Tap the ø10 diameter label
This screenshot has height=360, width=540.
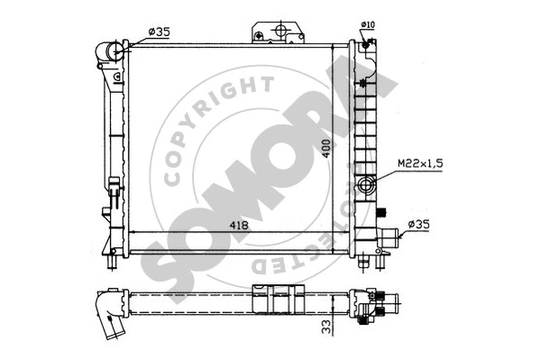[368, 24]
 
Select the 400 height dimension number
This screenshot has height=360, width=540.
[327, 147]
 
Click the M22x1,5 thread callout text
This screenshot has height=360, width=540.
[420, 162]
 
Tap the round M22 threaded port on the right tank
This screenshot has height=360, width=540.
[365, 187]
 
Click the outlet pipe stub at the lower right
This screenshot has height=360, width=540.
[389, 240]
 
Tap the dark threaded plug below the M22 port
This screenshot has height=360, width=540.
[381, 213]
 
